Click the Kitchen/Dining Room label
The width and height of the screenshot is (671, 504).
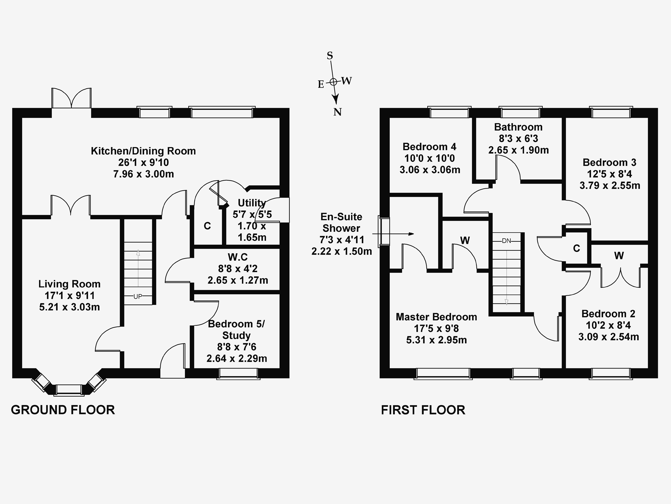click(x=143, y=151)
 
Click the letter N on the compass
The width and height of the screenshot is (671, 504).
click(x=337, y=112)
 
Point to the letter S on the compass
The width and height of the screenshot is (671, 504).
click(x=330, y=56)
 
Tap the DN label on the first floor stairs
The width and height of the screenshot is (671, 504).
click(x=506, y=241)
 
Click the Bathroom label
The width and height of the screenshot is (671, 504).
click(x=518, y=127)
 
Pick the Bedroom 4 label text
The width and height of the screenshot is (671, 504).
click(x=429, y=147)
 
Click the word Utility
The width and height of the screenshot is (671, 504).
click(x=251, y=203)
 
